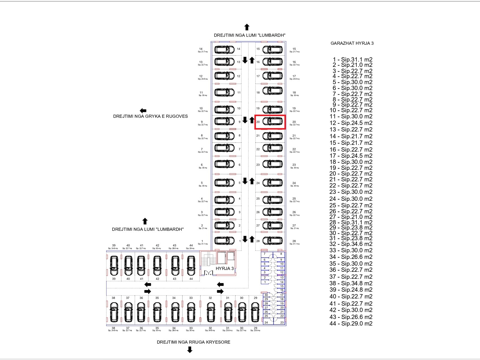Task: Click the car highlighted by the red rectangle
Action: point(272,121)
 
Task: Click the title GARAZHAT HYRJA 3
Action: point(352,43)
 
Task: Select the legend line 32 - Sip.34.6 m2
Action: point(351,244)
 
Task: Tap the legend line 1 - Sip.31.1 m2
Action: point(352,60)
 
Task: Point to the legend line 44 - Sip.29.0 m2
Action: point(351,323)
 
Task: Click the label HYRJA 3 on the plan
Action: point(224,268)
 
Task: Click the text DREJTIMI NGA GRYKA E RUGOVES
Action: point(150,116)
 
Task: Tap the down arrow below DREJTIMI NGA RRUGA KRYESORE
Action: point(190,350)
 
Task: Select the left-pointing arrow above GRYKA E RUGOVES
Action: point(143,111)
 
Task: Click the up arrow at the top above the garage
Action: point(247,27)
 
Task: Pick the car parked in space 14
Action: point(224,49)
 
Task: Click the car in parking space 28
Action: point(272,241)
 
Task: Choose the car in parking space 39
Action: point(114,265)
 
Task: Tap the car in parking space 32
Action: point(211,312)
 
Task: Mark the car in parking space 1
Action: point(224,241)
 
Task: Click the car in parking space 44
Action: point(191,265)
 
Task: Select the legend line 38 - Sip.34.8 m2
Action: point(351,283)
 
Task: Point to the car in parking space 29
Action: point(255,312)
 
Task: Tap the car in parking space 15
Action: point(272,49)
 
